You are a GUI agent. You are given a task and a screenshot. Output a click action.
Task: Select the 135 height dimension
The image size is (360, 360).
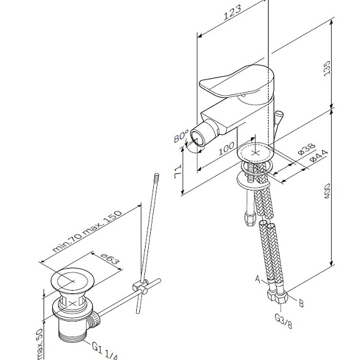pyautogui.click(x=344, y=69)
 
